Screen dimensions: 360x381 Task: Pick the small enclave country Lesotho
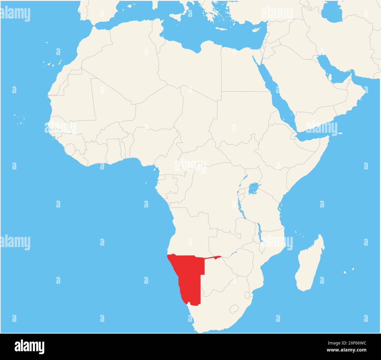pos(234,309)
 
